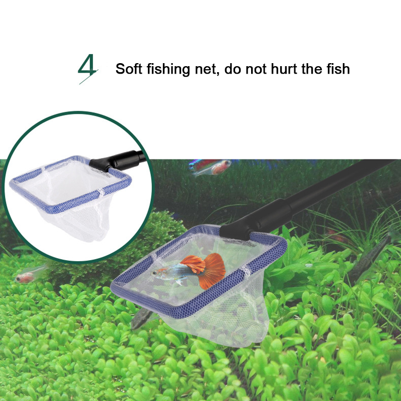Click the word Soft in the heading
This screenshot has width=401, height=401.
click(128, 69)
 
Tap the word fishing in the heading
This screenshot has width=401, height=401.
click(168, 69)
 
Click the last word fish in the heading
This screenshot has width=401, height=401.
click(338, 69)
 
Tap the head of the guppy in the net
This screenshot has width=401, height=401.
click(158, 274)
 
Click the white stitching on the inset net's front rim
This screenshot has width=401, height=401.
click(102, 192)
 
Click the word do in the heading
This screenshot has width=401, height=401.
click(232, 69)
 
